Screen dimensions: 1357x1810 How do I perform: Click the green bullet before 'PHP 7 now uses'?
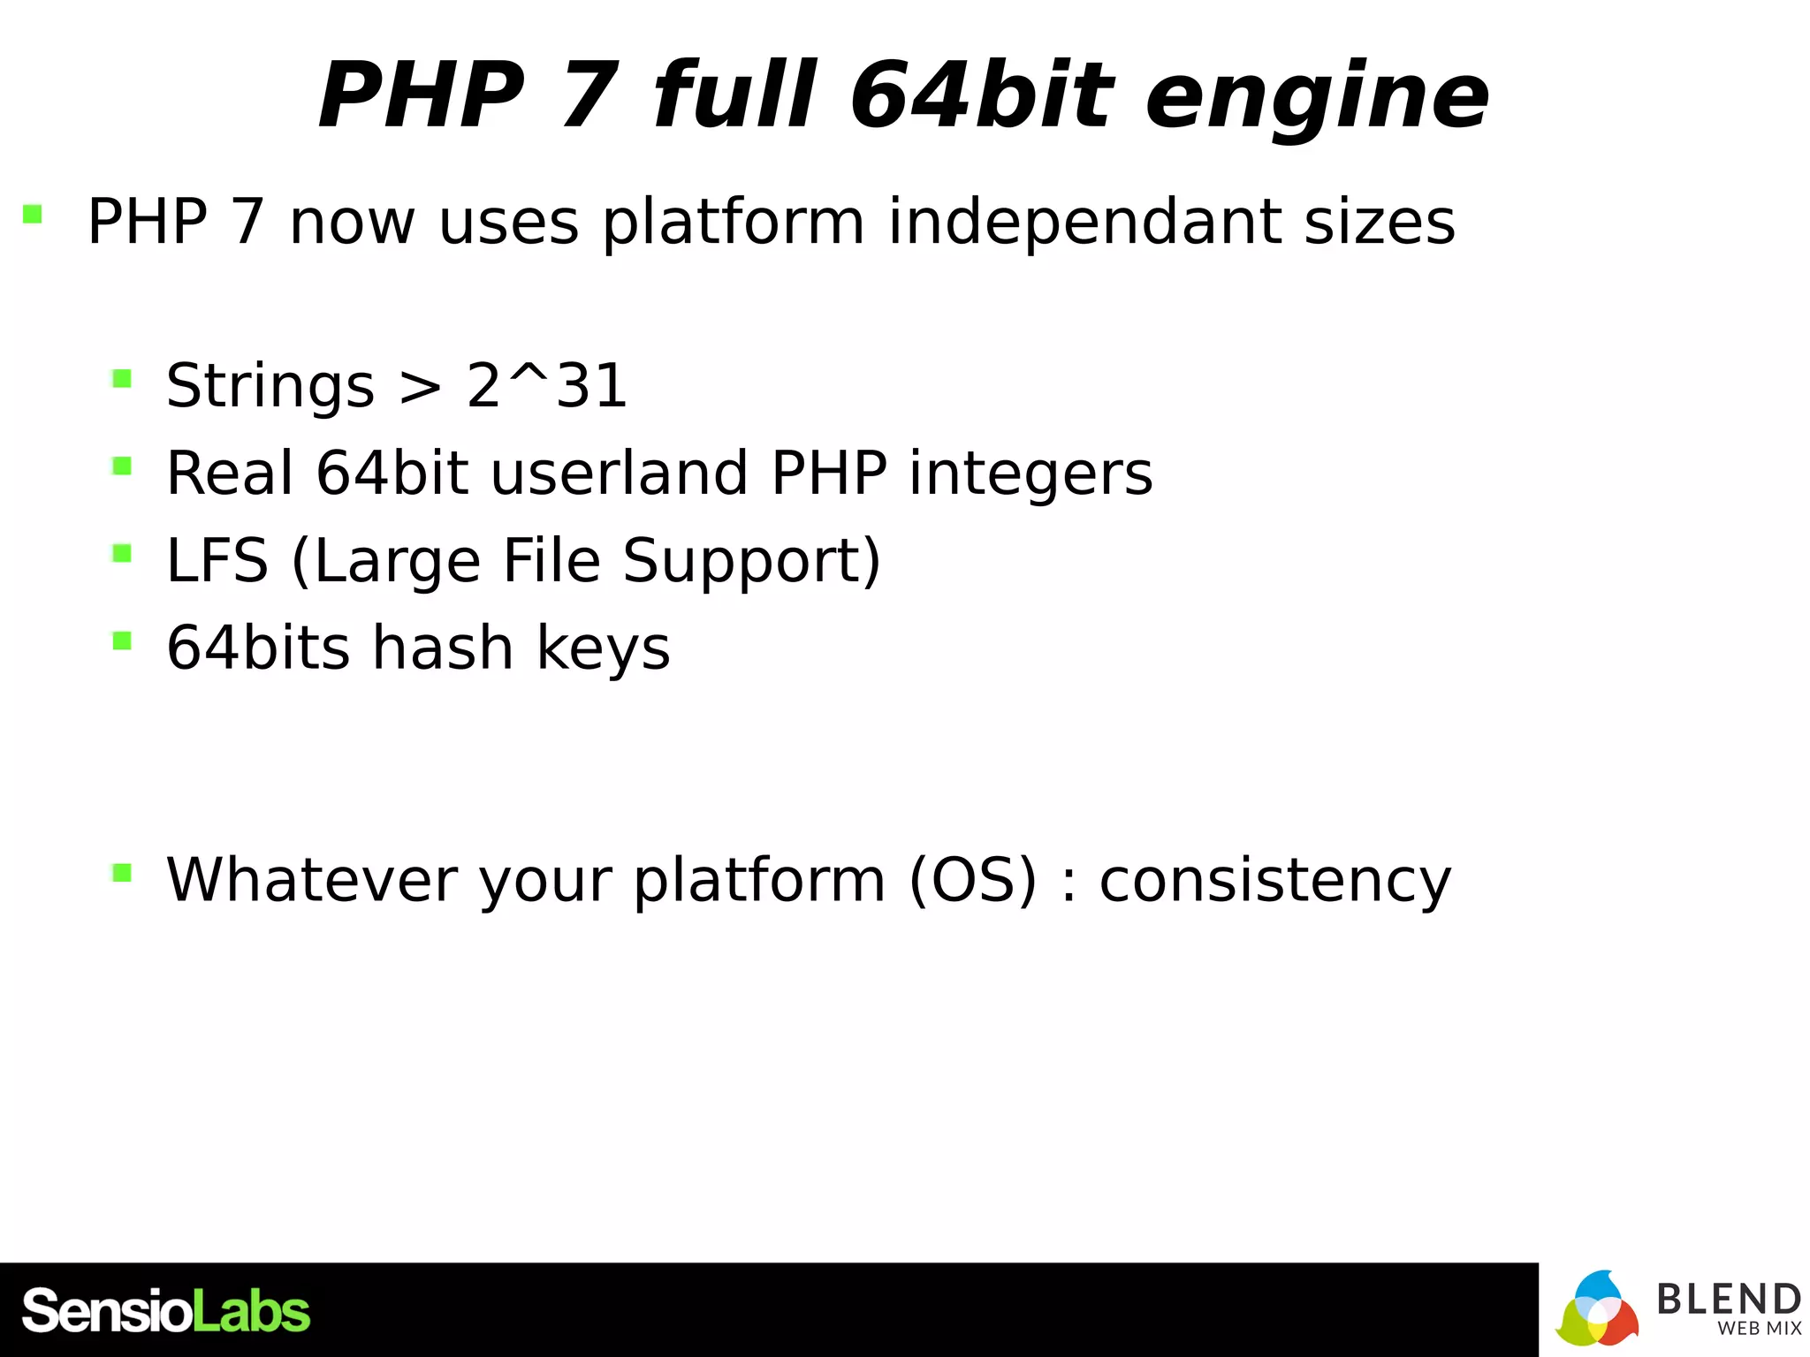pyautogui.click(x=33, y=214)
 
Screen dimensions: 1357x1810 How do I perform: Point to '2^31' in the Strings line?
pyautogui.click(x=547, y=386)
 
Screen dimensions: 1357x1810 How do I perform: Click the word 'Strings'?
pyautogui.click(x=270, y=387)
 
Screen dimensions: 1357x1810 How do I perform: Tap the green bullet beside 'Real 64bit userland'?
pyautogui.click(x=122, y=466)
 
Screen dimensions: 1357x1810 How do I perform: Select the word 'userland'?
pyautogui.click(x=620, y=474)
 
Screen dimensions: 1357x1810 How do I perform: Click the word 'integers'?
pyautogui.click(x=1030, y=475)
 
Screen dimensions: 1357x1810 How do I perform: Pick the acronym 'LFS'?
pyautogui.click(x=217, y=561)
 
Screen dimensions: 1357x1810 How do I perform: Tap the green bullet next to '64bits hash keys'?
pyautogui.click(x=122, y=640)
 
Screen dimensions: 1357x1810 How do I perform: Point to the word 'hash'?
pyautogui.click(x=443, y=648)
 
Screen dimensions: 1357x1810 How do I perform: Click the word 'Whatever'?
pyautogui.click(x=311, y=880)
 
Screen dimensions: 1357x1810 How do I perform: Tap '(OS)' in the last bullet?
pyautogui.click(x=972, y=880)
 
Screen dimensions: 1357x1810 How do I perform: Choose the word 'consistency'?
pyautogui.click(x=1274, y=882)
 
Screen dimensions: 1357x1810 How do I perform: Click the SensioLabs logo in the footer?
pyautogui.click(x=166, y=1311)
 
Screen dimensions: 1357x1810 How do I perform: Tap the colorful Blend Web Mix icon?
pyautogui.click(x=1597, y=1309)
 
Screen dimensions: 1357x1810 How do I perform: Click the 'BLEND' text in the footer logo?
pyautogui.click(x=1728, y=1299)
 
